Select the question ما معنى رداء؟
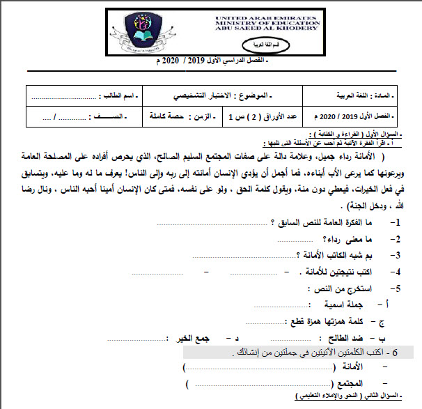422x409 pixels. click(355, 239)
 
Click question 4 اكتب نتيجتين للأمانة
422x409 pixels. click(339, 272)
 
